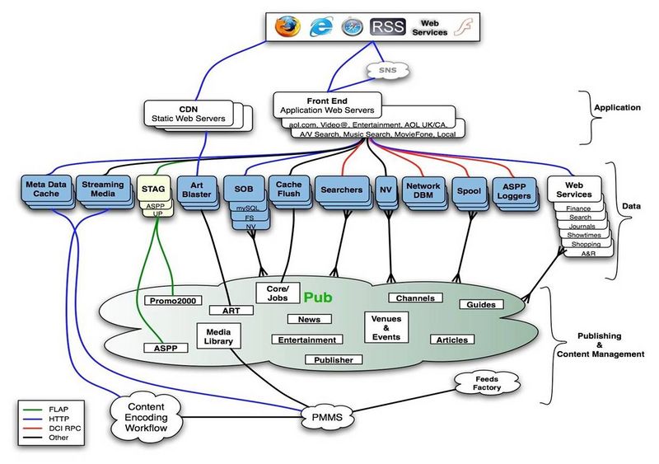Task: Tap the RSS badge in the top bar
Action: click(388, 26)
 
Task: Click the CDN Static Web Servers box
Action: click(186, 114)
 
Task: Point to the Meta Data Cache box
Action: click(46, 189)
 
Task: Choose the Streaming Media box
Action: click(103, 189)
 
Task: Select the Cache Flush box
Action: click(287, 189)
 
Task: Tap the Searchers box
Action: click(340, 190)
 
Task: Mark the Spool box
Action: click(468, 190)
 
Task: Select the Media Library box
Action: click(217, 335)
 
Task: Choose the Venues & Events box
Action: click(386, 326)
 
